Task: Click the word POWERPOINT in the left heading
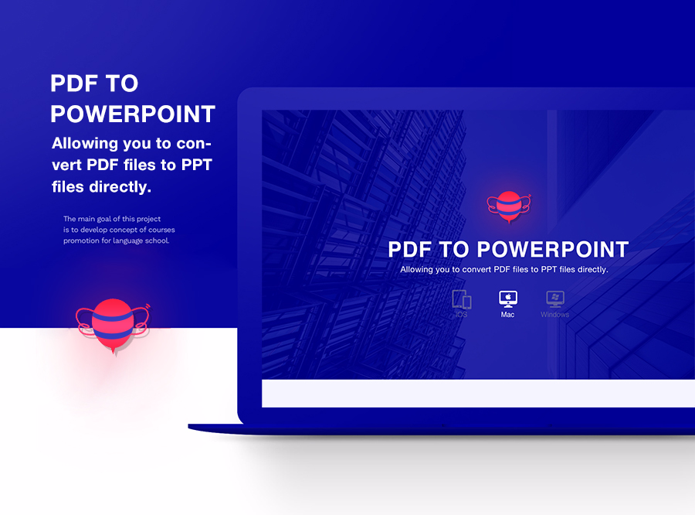(x=133, y=114)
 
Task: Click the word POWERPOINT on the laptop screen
(x=553, y=250)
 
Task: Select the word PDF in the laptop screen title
(x=412, y=250)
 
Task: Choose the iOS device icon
(x=461, y=299)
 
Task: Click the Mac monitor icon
(x=507, y=298)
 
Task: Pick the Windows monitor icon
(x=554, y=298)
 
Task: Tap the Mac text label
(x=507, y=315)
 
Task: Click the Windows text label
(x=554, y=315)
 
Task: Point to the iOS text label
(x=461, y=315)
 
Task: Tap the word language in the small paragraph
(x=122, y=240)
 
